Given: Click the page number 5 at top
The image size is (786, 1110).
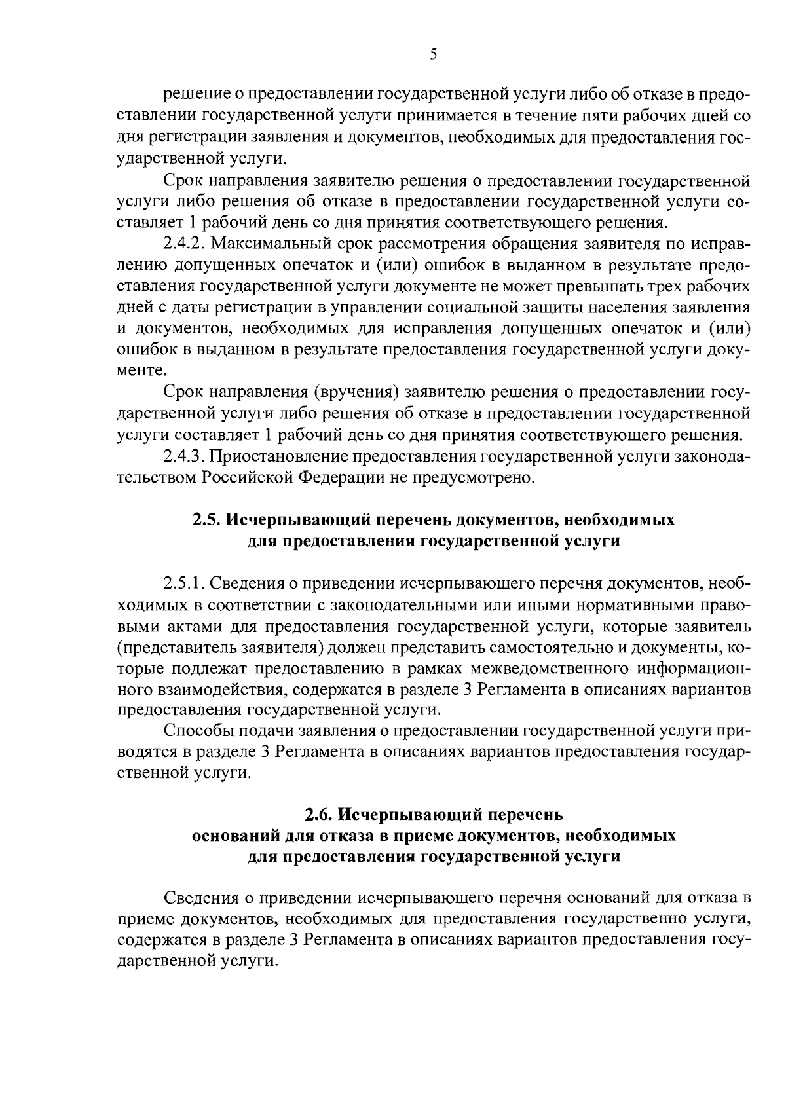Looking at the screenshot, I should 433,55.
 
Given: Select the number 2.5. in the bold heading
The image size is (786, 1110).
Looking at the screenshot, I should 206,520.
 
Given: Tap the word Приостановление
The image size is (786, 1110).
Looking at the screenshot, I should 277,456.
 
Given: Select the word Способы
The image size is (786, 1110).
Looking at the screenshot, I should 195,731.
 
